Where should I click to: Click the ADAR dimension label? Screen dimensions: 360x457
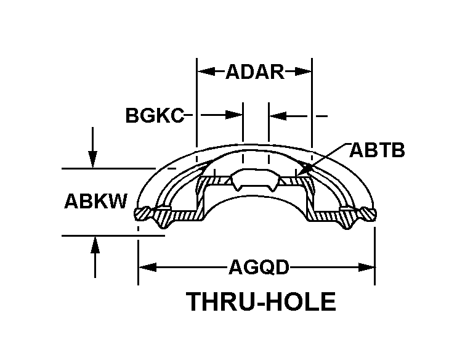tap(254, 72)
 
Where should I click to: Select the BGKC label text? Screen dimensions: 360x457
tap(154, 115)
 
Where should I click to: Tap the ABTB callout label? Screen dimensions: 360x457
tap(377, 150)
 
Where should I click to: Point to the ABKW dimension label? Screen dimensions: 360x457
tap(95, 202)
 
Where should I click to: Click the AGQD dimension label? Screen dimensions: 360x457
tap(259, 268)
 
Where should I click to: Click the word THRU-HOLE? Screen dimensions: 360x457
tap(261, 303)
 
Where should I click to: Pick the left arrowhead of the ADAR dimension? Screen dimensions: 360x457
tap(203, 72)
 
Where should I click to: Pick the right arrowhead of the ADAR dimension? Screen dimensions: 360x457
tap(306, 72)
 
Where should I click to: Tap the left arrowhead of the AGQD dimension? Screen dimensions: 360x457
tap(145, 268)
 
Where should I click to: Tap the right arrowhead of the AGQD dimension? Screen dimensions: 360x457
tap(368, 268)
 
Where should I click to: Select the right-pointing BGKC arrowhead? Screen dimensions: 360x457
tap(236, 115)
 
